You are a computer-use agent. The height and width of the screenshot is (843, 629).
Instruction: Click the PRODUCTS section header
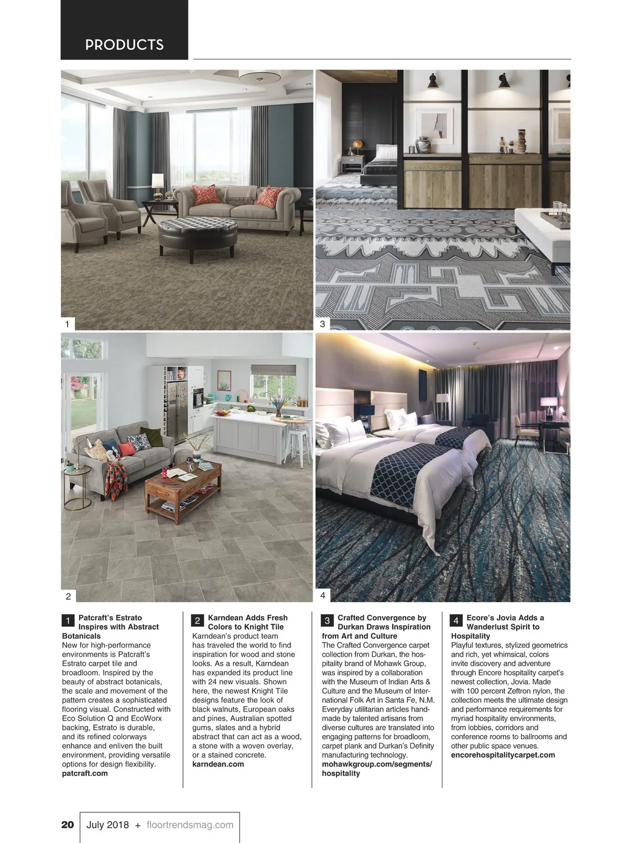pos(124,45)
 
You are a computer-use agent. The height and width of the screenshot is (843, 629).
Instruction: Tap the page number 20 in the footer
pos(68,825)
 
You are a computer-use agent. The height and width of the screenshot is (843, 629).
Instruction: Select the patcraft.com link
pos(85,773)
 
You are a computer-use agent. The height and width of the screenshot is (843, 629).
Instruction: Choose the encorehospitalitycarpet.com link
pos(503,755)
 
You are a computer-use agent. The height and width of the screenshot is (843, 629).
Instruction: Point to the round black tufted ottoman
pos(198,233)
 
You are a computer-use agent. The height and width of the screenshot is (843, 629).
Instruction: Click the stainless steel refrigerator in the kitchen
pos(177,414)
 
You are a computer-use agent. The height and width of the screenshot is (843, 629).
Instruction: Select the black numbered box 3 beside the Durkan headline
pos(327,621)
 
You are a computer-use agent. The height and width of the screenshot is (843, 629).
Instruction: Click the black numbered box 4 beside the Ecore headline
pos(456,621)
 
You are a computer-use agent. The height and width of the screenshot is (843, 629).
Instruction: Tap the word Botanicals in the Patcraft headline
pos(81,636)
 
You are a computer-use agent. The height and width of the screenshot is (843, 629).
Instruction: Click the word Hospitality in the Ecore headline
pos(470,636)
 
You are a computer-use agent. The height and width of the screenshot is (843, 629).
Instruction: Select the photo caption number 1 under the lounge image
pos(67,324)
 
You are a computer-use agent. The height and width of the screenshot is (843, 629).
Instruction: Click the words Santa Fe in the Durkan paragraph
pos(403,700)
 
